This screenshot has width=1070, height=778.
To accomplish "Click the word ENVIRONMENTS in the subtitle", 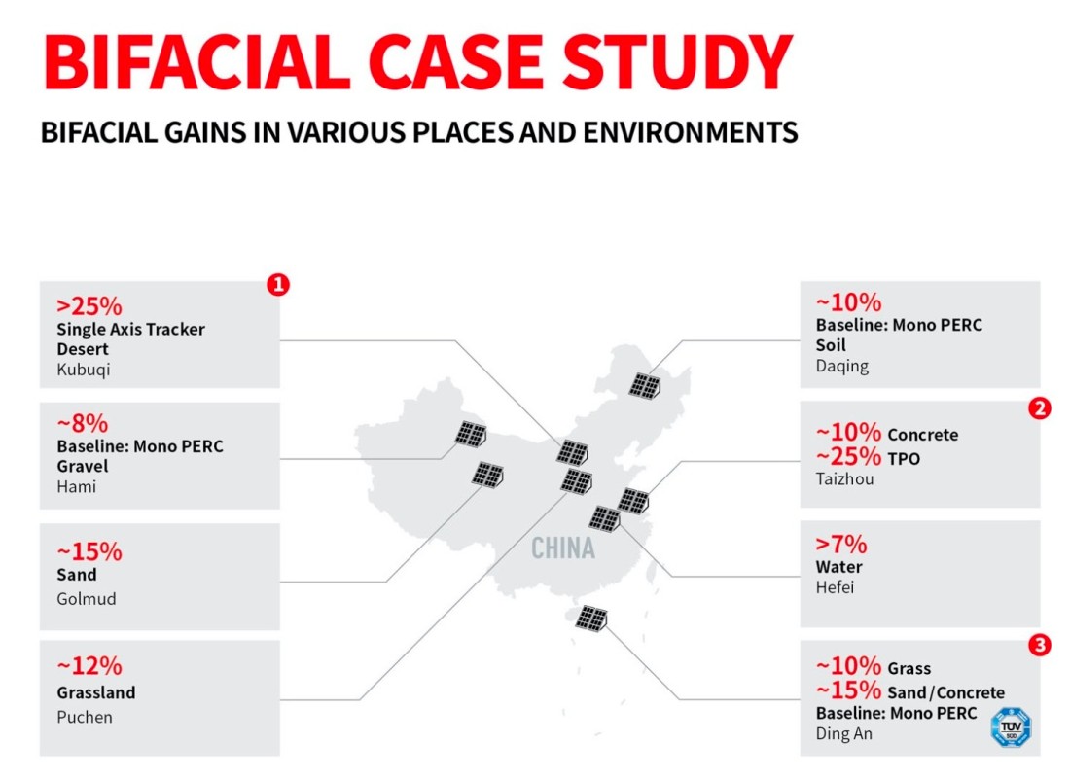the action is (x=691, y=132).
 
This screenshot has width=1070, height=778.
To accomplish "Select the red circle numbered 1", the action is (x=278, y=284).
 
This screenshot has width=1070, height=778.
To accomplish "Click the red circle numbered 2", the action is (x=1039, y=408).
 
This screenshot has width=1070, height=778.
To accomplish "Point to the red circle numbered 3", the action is (x=1039, y=645).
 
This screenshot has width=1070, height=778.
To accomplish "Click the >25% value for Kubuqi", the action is (x=89, y=306).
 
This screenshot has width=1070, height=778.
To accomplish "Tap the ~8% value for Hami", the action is (x=83, y=424).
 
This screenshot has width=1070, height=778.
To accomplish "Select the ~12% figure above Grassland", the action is (x=89, y=665).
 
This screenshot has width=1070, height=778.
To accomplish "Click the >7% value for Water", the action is (x=841, y=544).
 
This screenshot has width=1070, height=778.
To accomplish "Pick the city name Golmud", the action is (x=86, y=598).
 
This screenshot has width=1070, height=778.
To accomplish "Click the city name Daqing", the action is (x=842, y=367).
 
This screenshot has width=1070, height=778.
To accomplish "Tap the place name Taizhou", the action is (x=844, y=479).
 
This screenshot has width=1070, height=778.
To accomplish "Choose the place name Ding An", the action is (x=844, y=733).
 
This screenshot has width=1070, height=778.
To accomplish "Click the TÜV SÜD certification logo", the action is (x=1011, y=726).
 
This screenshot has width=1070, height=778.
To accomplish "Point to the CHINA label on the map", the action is (x=563, y=548).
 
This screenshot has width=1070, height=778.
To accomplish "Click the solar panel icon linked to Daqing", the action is (x=645, y=386).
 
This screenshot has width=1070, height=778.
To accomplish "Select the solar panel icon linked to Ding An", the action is (x=591, y=619).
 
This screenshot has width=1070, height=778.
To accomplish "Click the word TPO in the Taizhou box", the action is (x=904, y=459).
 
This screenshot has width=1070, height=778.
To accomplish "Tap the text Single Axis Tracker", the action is (x=131, y=329).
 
